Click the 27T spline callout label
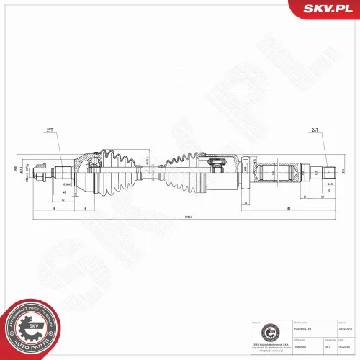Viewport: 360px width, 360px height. tap(50, 131)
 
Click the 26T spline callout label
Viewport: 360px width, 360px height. tap(315, 131)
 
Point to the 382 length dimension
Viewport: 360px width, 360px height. tap(287, 208)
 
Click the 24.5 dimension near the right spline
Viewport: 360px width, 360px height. tap(328, 184)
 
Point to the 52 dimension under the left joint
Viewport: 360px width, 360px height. tap(64, 200)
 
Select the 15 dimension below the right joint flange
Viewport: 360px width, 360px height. tap(246, 204)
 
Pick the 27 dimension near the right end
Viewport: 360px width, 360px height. tap(305, 196)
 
